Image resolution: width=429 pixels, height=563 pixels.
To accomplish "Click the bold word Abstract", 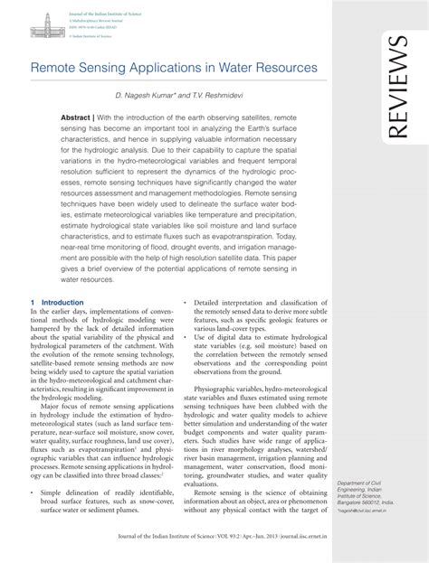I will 76,118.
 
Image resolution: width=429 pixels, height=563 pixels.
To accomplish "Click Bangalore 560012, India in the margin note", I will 365,501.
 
